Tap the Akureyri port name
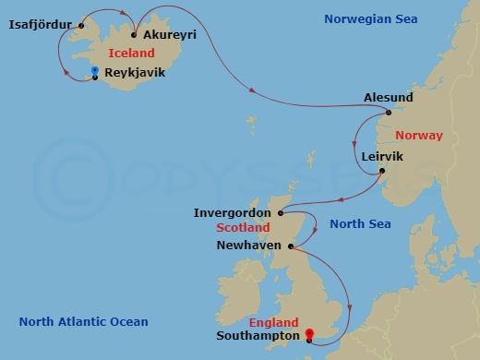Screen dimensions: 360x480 170,35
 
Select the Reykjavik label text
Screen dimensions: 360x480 135,72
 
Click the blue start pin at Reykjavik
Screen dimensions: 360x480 96,72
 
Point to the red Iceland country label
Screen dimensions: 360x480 130,54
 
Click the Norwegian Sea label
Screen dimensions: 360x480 370,18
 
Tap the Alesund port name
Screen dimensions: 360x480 389,97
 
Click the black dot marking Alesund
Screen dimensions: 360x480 389,113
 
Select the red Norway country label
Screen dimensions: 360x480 420,135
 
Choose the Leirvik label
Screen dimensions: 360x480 383,156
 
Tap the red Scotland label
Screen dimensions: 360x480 243,227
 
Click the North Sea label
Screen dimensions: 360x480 360,223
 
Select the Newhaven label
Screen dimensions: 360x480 248,246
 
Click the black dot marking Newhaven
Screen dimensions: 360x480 290,246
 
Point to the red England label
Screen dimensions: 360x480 273,323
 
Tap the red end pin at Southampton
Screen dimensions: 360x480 309,334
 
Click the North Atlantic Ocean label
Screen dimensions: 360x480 83,321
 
